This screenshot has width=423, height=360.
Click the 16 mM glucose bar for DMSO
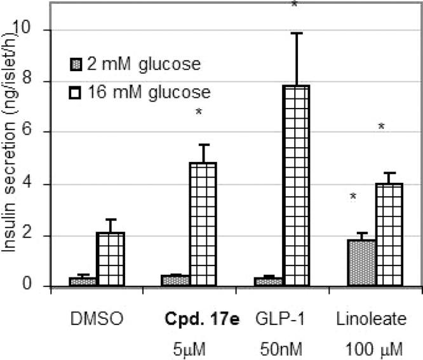(111, 260)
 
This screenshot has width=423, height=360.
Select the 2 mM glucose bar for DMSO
(83, 282)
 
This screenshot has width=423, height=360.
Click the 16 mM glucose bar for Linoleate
(389, 235)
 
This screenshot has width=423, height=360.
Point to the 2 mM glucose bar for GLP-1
(269, 282)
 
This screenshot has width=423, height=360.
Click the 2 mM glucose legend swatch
(75, 64)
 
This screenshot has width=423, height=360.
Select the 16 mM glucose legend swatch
(75, 93)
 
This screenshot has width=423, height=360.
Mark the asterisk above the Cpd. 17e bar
(199, 112)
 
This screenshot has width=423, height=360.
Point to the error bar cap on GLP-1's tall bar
(296, 33)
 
